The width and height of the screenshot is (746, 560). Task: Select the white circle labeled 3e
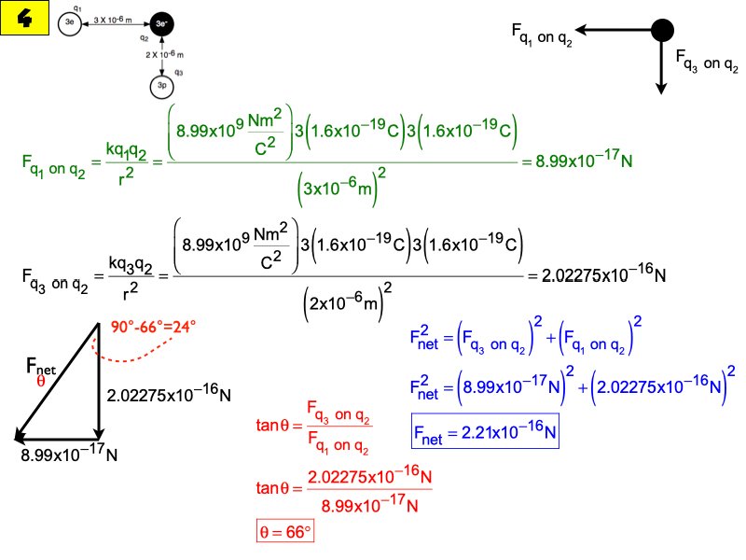click(x=69, y=23)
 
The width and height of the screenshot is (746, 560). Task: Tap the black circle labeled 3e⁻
click(x=162, y=24)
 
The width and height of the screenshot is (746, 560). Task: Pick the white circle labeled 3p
click(x=162, y=86)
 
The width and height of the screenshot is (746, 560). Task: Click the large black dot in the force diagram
click(x=661, y=30)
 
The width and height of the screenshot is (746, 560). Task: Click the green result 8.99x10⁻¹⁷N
click(x=577, y=161)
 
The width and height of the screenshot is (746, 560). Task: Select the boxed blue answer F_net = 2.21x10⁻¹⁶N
click(x=485, y=432)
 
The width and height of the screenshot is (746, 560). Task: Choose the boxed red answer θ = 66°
click(x=286, y=533)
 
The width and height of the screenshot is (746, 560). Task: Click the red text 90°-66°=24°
click(x=154, y=328)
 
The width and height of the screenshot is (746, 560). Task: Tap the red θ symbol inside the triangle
click(x=40, y=381)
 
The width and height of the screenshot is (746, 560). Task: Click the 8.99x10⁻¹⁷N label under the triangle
click(x=69, y=455)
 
